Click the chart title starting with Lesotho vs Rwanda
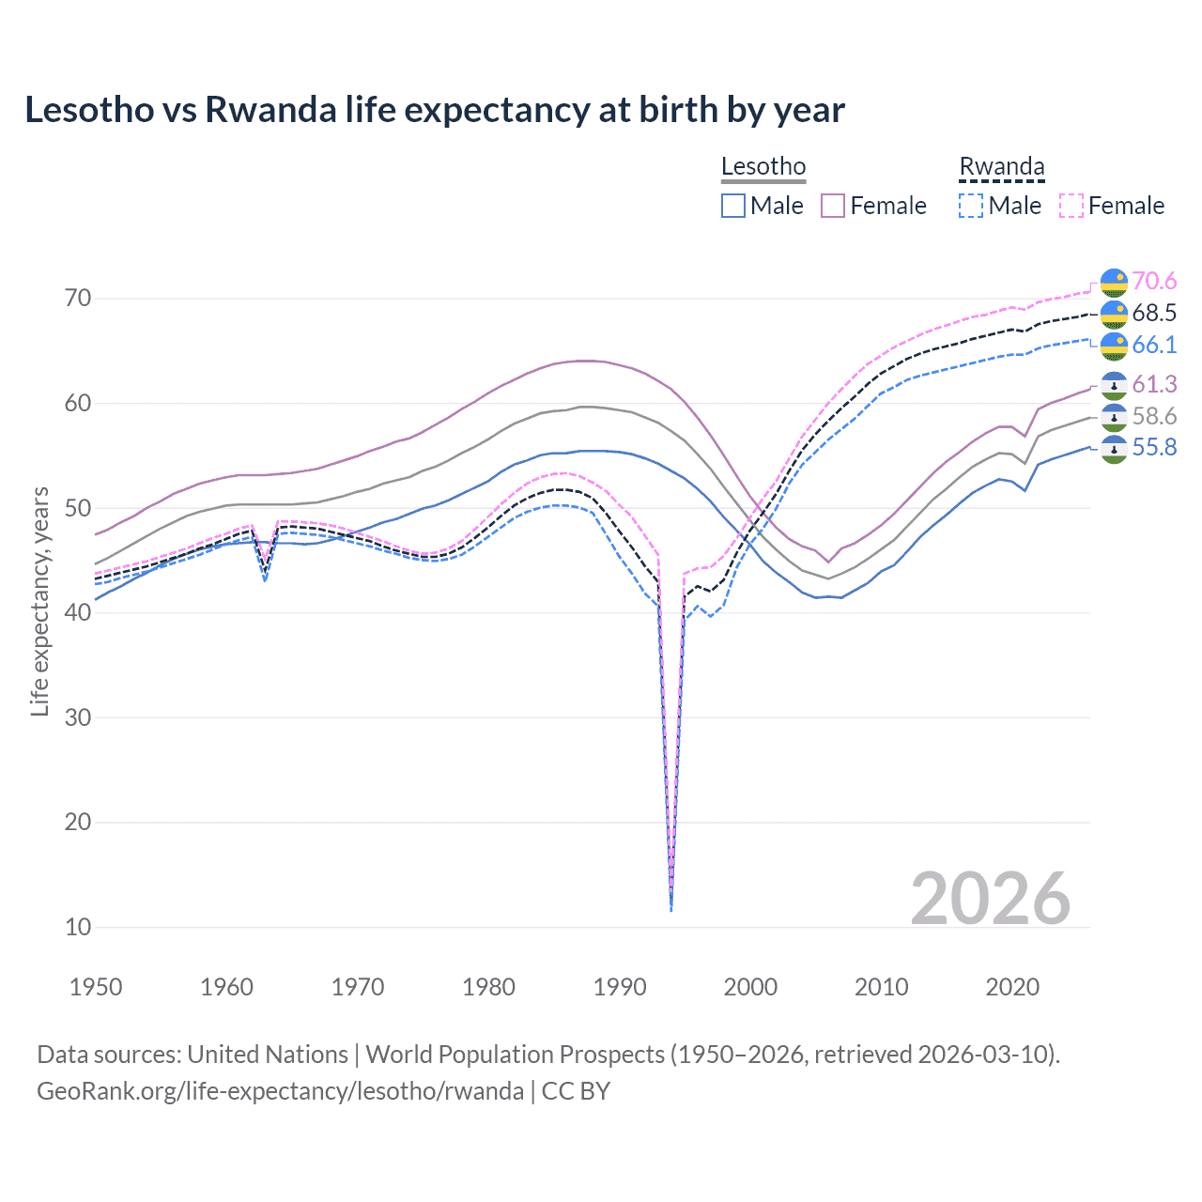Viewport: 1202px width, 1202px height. point(434,110)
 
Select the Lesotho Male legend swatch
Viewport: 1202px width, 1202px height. point(733,206)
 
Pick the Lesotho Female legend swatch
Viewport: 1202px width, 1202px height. point(833,206)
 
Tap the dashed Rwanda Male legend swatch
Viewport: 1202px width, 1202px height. point(971,206)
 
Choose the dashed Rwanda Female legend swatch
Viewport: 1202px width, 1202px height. point(1071,206)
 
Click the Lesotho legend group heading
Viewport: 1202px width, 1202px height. point(763,166)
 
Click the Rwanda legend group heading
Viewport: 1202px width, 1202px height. point(1001,166)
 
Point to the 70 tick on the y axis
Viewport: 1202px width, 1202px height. point(78,299)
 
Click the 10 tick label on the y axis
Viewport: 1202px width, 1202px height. point(78,927)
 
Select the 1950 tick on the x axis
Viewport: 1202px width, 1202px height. point(96,987)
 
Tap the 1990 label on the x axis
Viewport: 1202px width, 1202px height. point(620,987)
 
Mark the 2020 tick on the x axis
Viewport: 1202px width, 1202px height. point(1012,987)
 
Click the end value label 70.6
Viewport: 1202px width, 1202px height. point(1154,282)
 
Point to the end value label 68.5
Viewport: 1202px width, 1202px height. point(1154,314)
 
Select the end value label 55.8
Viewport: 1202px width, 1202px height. point(1154,448)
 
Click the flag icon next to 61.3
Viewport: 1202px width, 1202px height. point(1114,385)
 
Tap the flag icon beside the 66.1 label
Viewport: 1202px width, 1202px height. point(1114,346)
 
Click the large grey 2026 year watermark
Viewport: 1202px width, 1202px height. point(991,899)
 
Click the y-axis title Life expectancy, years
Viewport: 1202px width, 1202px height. point(39,601)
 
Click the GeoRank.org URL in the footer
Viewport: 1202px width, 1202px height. point(280,1091)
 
